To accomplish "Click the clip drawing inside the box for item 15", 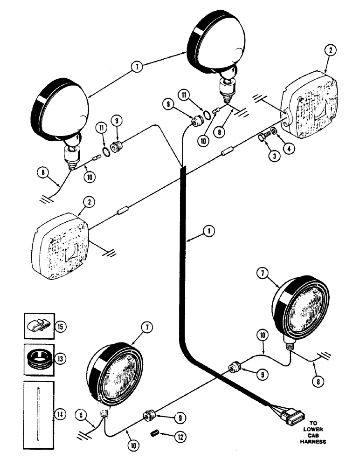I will coord(39,325).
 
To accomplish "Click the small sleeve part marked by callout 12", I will coord(157,434).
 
